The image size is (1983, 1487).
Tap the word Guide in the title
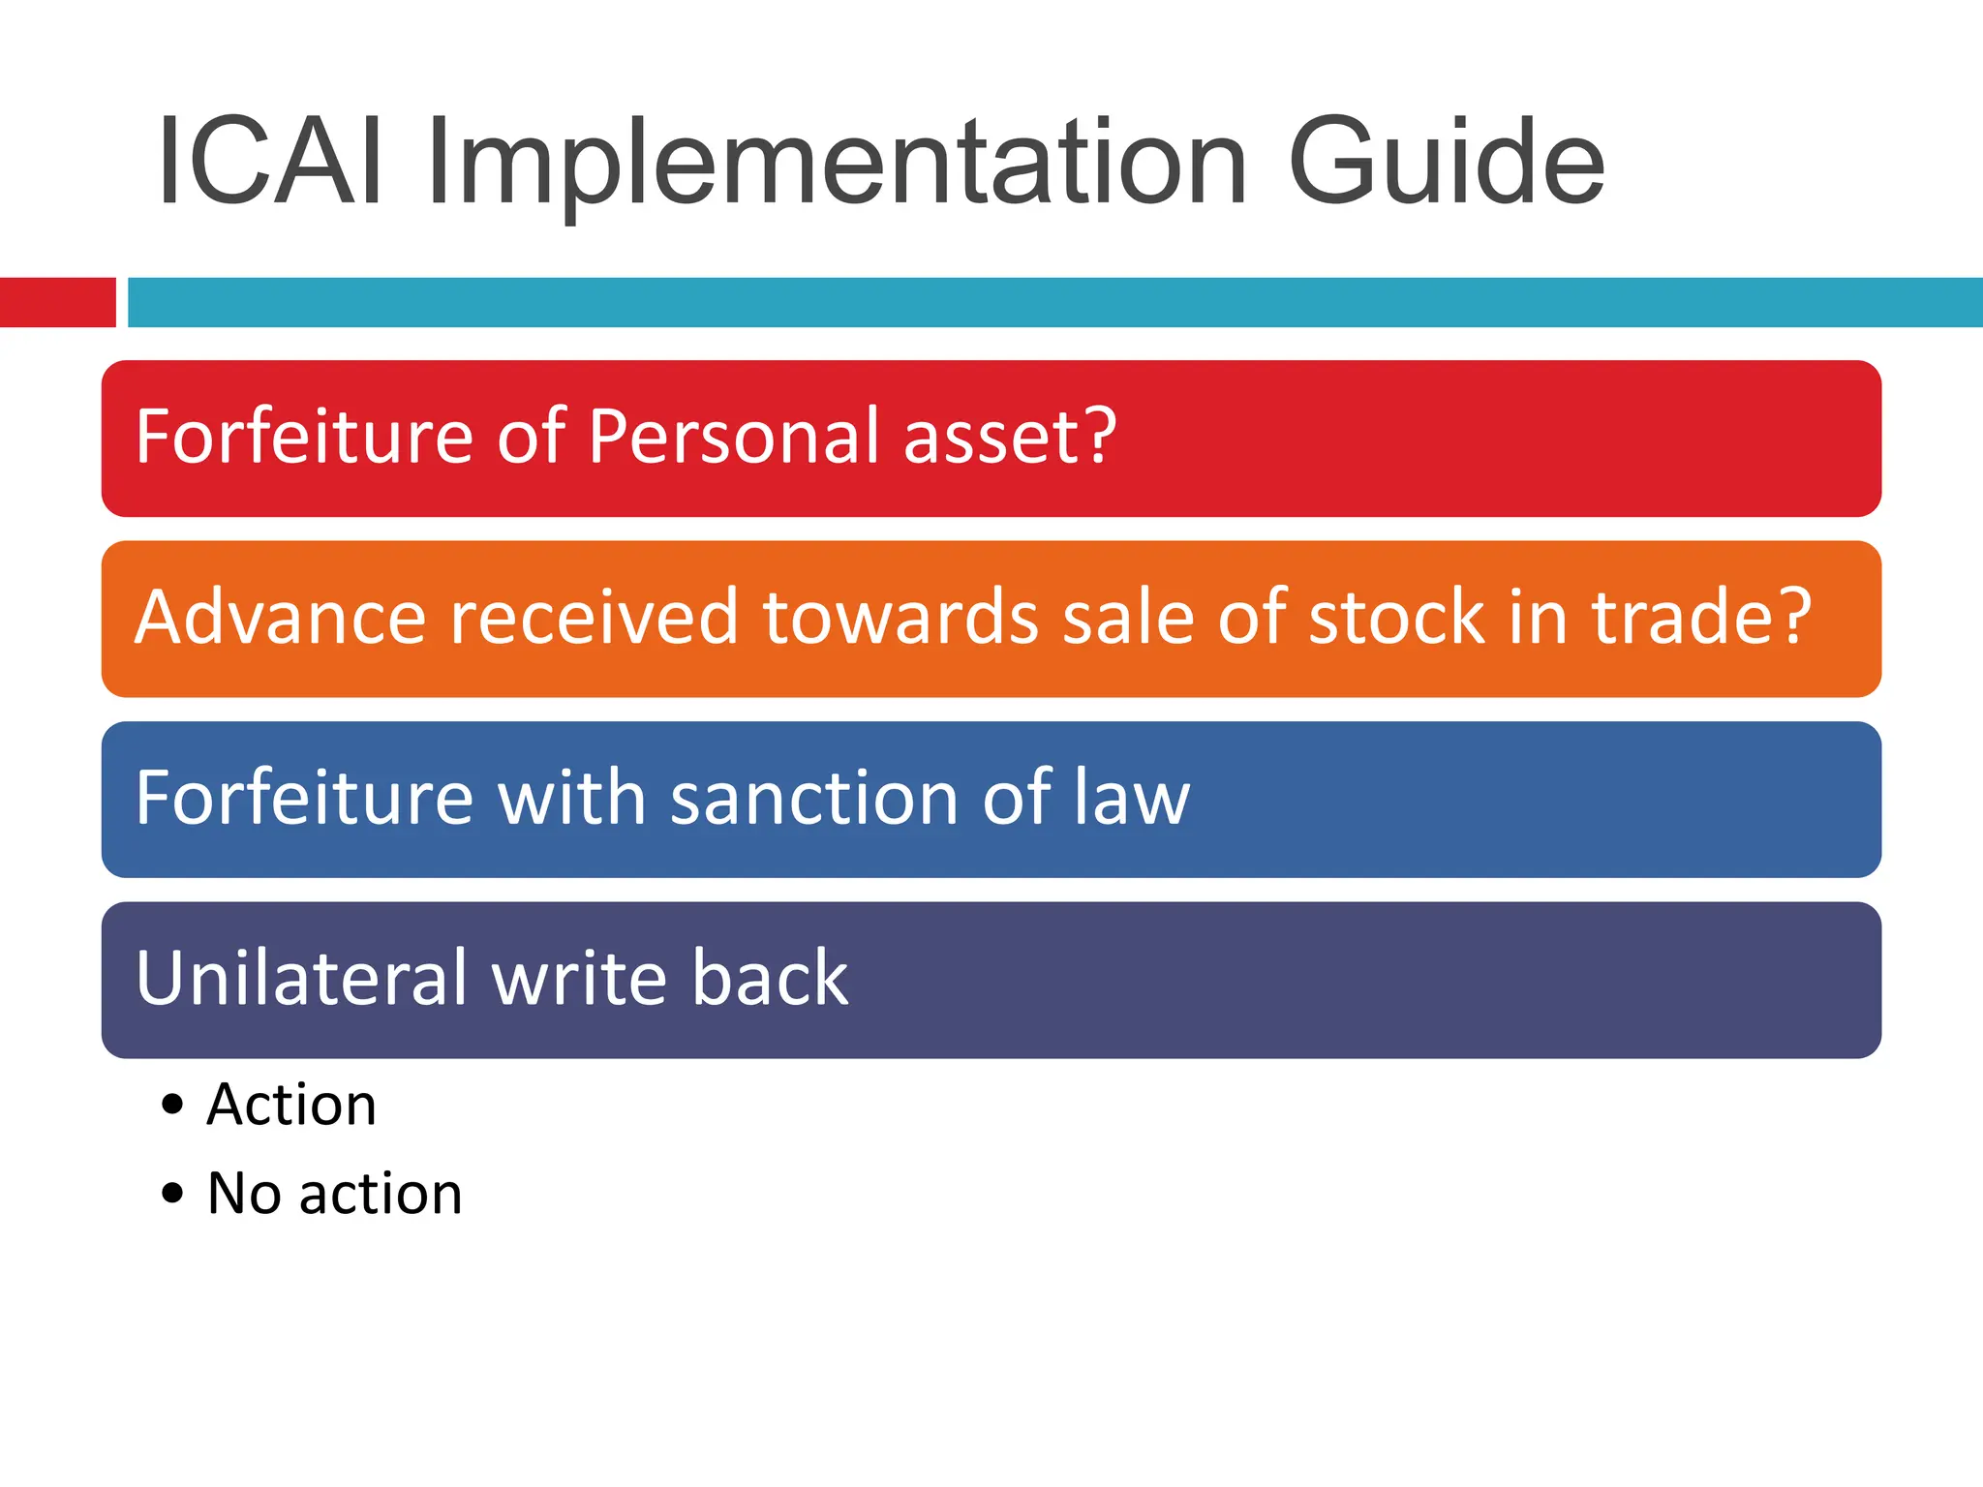pos(1447,162)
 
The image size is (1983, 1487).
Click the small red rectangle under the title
pos(57,302)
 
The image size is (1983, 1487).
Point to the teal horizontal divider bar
pos(1054,302)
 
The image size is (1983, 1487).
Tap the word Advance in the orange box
pos(281,617)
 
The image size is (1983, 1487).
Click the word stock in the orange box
pos(1395,617)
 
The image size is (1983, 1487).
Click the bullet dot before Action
pos(172,1105)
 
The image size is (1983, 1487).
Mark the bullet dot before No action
pos(172,1193)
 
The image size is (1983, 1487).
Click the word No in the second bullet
pos(244,1193)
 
